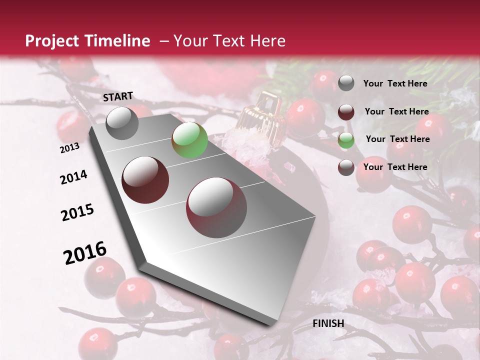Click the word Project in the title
point(51,41)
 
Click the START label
point(118,96)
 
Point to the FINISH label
point(328,323)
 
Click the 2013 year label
point(70,148)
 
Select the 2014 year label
point(74,177)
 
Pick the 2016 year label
point(85,253)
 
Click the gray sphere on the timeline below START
point(122,123)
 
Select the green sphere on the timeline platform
point(189,140)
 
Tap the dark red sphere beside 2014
point(145,179)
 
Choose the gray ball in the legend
point(346,83)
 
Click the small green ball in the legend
point(346,140)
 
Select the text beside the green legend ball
point(397,139)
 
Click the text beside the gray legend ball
point(395,83)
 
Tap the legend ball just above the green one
point(346,112)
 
